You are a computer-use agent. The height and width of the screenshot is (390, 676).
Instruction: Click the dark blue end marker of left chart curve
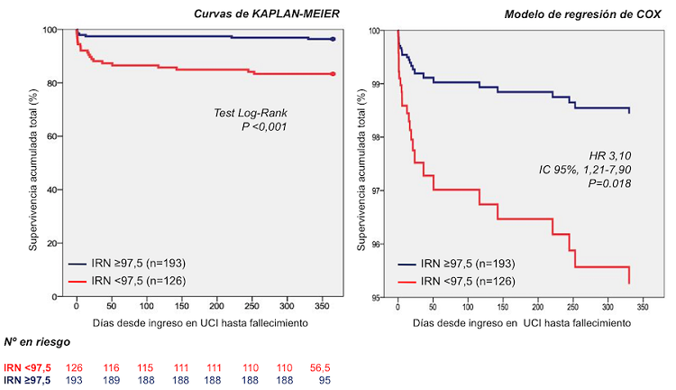pos(333,40)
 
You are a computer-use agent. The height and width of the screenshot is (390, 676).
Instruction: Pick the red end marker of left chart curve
pos(333,74)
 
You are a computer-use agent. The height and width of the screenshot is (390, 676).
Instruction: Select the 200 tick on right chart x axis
pos(537,307)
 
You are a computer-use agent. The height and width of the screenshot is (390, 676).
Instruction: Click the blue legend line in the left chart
pos(78,265)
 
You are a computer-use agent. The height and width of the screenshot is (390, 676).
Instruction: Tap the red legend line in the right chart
pos(407,283)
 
